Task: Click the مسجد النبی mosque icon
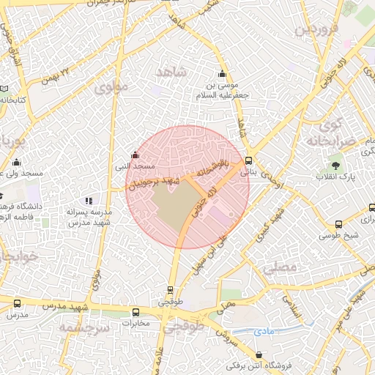(134, 155)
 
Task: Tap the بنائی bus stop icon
(249, 160)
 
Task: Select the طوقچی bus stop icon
(171, 290)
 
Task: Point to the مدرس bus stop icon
(16, 303)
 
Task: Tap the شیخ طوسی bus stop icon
(338, 224)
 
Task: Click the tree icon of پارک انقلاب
(336, 166)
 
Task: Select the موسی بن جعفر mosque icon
(223, 73)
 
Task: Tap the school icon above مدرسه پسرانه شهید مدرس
(89, 201)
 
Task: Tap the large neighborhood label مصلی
(281, 270)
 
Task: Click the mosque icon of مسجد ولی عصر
(16, 162)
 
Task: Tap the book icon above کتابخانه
(6, 88)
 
